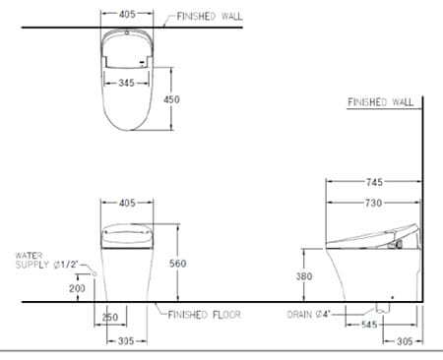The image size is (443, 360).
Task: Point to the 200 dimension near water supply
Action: [x=76, y=288]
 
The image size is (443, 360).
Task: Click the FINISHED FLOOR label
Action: [x=202, y=315]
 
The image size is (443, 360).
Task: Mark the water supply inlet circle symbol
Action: [x=95, y=272]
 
